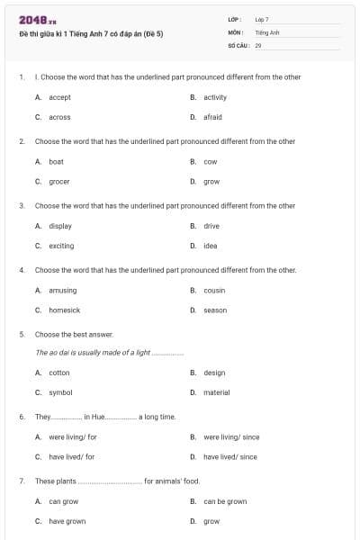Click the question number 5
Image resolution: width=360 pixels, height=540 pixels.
pos(21,334)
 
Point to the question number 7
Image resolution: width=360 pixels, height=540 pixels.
pos(21,481)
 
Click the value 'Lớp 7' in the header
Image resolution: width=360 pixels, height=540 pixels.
pos(262,19)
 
